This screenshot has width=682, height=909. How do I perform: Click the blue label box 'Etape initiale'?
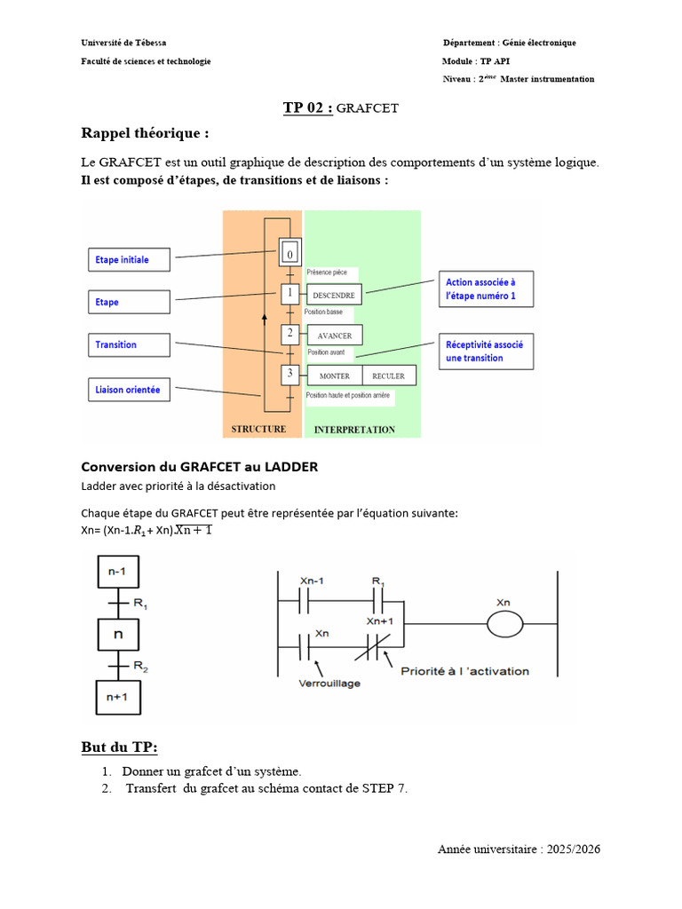pos(129,259)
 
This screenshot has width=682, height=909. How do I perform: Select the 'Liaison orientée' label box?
pos(129,389)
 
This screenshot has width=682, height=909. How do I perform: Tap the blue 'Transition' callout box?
pos(129,344)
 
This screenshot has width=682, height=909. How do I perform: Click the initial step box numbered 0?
pos(289,255)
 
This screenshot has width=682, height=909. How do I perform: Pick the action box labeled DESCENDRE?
pos(334,295)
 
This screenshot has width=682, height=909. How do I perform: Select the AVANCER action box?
pos(334,336)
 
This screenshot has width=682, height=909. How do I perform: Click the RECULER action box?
pos(388,375)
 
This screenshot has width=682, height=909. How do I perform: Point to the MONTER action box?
pos(334,375)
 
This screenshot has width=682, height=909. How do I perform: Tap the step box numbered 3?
pos(289,375)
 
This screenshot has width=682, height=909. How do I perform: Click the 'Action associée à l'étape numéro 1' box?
pos(485,289)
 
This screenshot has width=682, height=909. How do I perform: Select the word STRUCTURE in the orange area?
pos(258,429)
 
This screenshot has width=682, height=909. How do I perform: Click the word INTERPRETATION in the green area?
pos(354,430)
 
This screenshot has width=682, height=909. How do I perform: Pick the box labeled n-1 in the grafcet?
pos(117,573)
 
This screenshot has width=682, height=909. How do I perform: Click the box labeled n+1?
pos(117,697)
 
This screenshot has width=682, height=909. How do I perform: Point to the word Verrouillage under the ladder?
pos(331,685)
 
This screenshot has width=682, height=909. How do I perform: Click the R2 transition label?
pos(140,665)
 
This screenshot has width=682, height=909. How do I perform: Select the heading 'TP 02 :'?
pos(308,108)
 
